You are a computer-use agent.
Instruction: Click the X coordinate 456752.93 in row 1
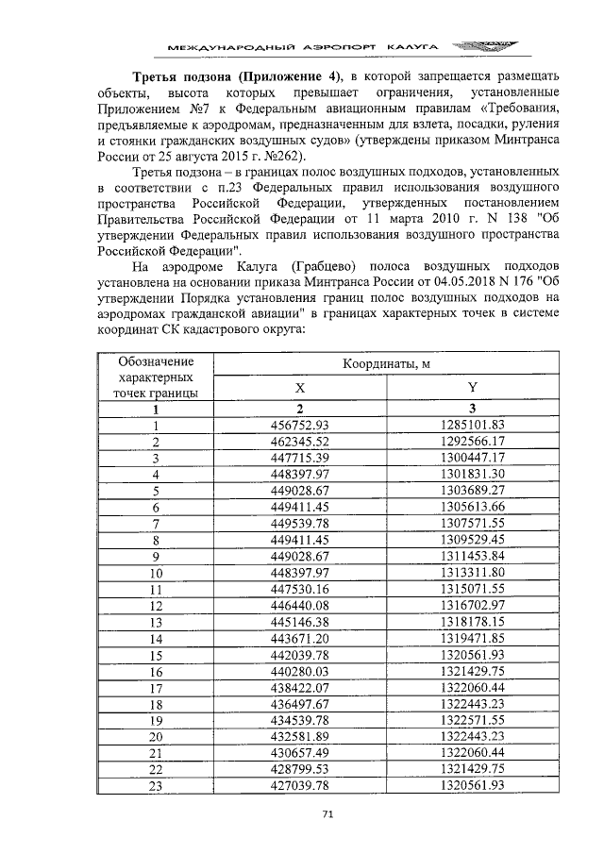tap(298, 426)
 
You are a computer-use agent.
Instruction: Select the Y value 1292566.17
tap(472, 442)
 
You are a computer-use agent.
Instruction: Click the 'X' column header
tap(299, 388)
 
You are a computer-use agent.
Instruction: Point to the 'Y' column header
tap(472, 388)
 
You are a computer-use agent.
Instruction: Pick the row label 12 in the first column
tap(157, 605)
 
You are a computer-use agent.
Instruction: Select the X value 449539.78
tap(298, 523)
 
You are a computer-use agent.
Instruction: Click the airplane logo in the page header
tap(482, 45)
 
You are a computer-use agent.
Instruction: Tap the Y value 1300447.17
tap(472, 458)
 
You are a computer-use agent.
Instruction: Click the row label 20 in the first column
tap(157, 736)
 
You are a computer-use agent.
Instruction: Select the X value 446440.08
tap(298, 605)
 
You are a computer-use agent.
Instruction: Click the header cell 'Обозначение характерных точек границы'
tap(157, 377)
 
